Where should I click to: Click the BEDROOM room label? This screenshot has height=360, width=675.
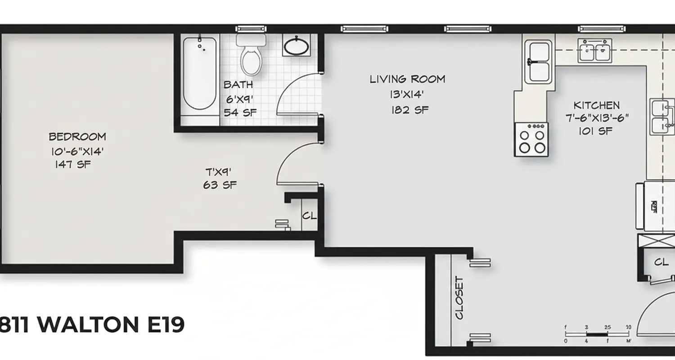[x=77, y=136]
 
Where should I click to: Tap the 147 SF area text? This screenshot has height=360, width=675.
[x=73, y=164]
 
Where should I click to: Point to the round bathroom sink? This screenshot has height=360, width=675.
[x=296, y=46]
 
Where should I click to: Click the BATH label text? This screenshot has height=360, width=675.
[x=238, y=85]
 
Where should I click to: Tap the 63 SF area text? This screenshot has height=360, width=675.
[x=220, y=185]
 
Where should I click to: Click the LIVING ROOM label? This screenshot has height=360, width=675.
[x=407, y=80]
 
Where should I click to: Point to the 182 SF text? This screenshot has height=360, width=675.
[x=409, y=110]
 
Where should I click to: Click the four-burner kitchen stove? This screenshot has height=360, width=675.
[x=532, y=139]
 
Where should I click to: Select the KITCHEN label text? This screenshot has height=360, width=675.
[x=596, y=105]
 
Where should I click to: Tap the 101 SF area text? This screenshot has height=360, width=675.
[x=595, y=131]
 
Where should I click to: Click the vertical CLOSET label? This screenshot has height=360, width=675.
[x=459, y=298]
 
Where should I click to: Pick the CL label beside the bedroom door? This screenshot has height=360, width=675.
[x=309, y=216]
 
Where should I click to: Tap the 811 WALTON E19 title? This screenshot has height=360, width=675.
[x=92, y=325]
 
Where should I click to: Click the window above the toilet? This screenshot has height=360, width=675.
[x=251, y=29]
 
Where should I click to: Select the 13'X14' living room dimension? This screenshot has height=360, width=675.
[x=407, y=95]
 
